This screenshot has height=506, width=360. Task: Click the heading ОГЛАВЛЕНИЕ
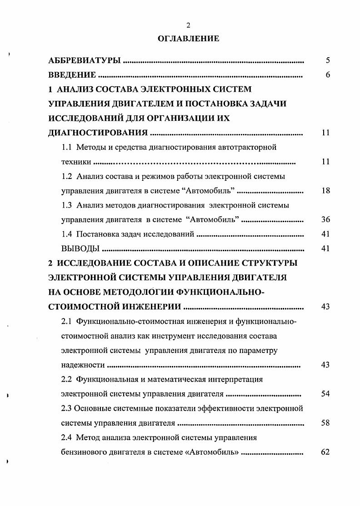tap(189, 39)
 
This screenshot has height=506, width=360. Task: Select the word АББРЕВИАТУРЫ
tap(85, 60)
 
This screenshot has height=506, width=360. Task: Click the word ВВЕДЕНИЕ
tap(72, 75)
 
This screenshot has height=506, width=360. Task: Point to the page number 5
tap(327, 60)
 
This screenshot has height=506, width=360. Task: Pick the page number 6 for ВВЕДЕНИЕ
tap(327, 75)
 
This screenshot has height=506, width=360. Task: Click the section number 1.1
tap(67, 147)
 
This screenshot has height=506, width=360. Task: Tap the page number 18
tap(325, 191)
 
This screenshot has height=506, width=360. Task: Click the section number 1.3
tap(67, 205)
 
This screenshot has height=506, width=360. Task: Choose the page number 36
tap(325, 220)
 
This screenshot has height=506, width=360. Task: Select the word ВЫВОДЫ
tap(80, 249)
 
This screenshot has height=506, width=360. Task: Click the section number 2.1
tap(67, 322)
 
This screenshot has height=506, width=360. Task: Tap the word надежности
tap(83, 365)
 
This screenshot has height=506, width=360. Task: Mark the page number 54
tap(325, 394)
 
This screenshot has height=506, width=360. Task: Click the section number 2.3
tap(66, 408)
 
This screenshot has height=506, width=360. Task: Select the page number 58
tap(325, 423)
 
